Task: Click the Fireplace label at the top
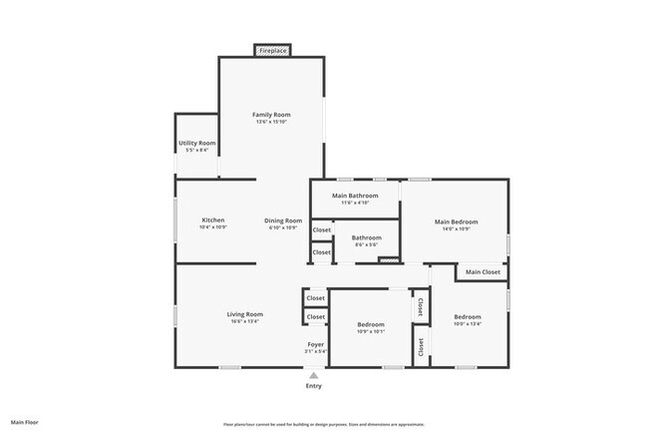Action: [271, 50]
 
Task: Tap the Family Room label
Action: [271, 115]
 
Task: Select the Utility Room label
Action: [197, 143]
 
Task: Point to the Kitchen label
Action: [213, 219]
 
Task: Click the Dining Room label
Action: [283, 220]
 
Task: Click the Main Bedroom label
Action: [456, 221]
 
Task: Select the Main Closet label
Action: [483, 271]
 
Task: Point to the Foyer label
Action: [315, 344]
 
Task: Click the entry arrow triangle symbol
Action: [314, 375]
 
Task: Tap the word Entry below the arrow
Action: [314, 386]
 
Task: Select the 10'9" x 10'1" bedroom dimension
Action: [371, 331]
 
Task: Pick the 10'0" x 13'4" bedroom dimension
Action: [467, 323]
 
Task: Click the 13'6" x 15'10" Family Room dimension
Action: [271, 122]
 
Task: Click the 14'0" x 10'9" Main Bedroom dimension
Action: [456, 228]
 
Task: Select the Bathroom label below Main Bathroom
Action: [366, 237]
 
